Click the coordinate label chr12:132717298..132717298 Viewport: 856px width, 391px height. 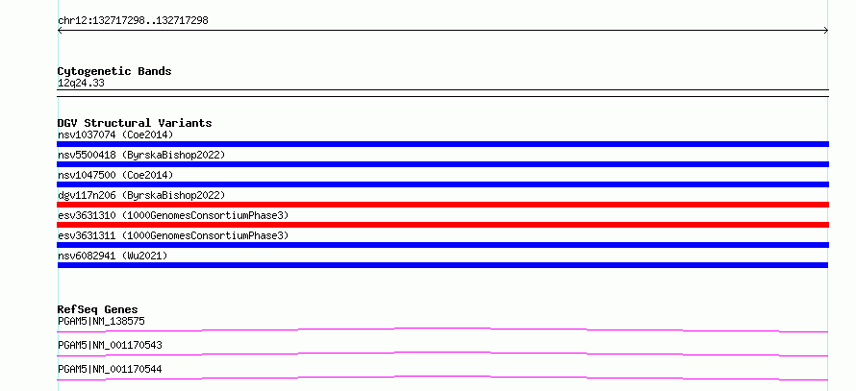pyautogui.click(x=133, y=21)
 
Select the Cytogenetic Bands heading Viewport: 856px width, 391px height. pyautogui.click(x=114, y=71)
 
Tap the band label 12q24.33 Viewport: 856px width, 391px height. pyautogui.click(x=81, y=84)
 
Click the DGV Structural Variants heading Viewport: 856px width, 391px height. pyautogui.click(x=135, y=123)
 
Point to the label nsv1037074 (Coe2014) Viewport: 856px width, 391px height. pyautogui.click(x=115, y=134)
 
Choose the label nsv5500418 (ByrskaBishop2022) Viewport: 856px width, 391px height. pyautogui.click(x=141, y=155)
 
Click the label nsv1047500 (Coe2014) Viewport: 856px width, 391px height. pyautogui.click(x=115, y=175)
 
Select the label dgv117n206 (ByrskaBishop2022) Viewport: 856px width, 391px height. pyautogui.click(x=141, y=195)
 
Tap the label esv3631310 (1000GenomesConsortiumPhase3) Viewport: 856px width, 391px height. pyautogui.click(x=173, y=215)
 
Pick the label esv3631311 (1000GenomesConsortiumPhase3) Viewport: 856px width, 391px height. pyautogui.click(x=173, y=235)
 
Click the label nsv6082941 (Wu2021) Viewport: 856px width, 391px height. pyautogui.click(x=113, y=256)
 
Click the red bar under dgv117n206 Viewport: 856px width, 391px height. pyautogui.click(x=442, y=205)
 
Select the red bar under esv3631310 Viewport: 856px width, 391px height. pyautogui.click(x=442, y=225)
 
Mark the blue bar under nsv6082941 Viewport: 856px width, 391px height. pyautogui.click(x=442, y=265)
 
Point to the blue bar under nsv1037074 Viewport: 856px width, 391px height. pyautogui.click(x=442, y=144)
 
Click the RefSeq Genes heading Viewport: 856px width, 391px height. pyautogui.click(x=98, y=309)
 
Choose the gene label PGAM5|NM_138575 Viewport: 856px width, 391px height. pyautogui.click(x=101, y=322)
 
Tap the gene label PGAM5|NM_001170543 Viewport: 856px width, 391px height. pyautogui.click(x=110, y=346)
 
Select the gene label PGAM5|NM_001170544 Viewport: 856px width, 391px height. pyautogui.click(x=110, y=370)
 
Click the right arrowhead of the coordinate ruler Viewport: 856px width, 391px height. pyautogui.click(x=826, y=31)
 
